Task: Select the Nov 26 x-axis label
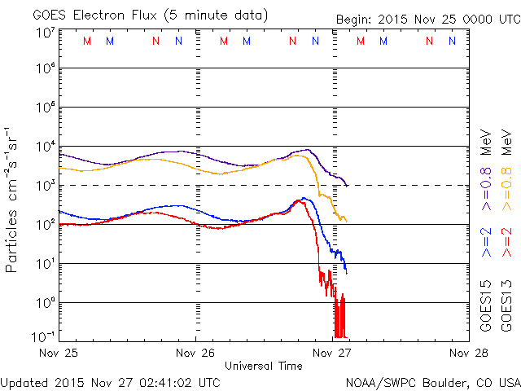(196, 353)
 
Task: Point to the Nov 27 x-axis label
(332, 353)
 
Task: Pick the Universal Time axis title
(264, 366)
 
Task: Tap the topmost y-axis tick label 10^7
(46, 32)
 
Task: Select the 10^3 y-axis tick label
(46, 185)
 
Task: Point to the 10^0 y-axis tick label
(46, 302)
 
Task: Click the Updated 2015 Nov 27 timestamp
(110, 381)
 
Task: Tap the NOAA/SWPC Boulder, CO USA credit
(431, 381)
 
